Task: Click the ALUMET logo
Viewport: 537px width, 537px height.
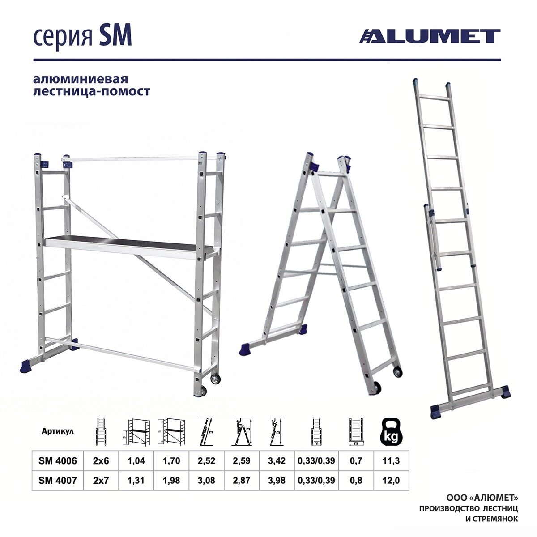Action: point(430,36)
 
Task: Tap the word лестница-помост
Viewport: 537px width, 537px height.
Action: point(92,91)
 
